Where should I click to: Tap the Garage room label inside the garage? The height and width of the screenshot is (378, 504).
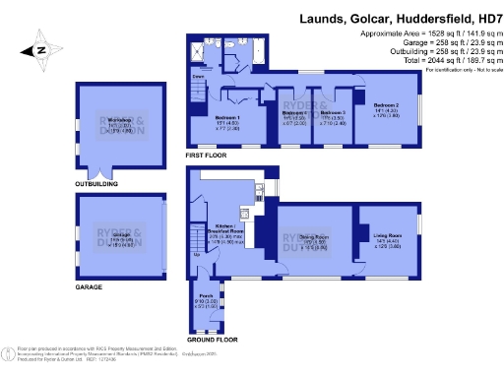coord(121,239)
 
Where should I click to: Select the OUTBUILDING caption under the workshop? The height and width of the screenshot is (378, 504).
coord(96,184)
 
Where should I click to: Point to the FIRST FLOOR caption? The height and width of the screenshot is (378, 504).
coord(206,156)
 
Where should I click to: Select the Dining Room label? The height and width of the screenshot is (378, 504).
coord(312,241)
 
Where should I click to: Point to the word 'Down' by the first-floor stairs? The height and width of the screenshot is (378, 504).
coord(198,75)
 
